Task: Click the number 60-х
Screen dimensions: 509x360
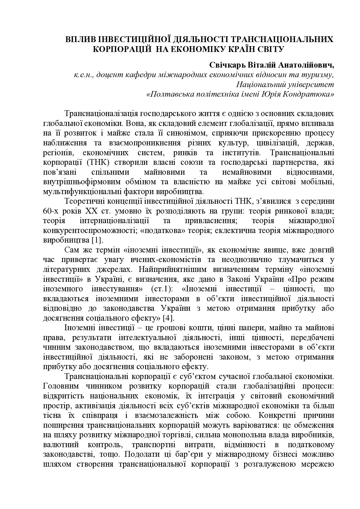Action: point(50,211)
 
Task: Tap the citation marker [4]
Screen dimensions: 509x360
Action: point(168,318)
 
